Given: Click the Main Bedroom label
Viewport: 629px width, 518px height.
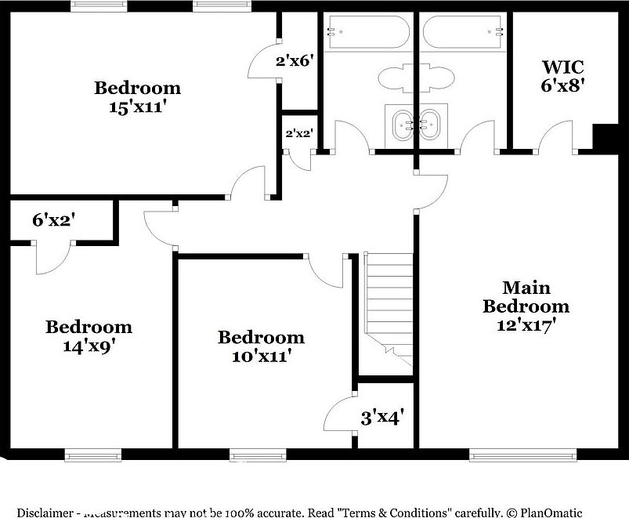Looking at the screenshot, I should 526,297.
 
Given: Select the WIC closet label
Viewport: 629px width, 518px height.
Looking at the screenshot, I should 562,67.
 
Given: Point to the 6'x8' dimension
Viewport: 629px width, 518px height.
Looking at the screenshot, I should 562,85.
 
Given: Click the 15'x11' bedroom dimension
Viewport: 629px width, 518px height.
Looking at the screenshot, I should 138,107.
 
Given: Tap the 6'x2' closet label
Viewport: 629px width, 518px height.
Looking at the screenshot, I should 52,221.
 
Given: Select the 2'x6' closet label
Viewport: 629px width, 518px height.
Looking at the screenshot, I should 295,60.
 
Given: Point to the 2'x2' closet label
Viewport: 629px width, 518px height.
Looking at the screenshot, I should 298,133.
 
